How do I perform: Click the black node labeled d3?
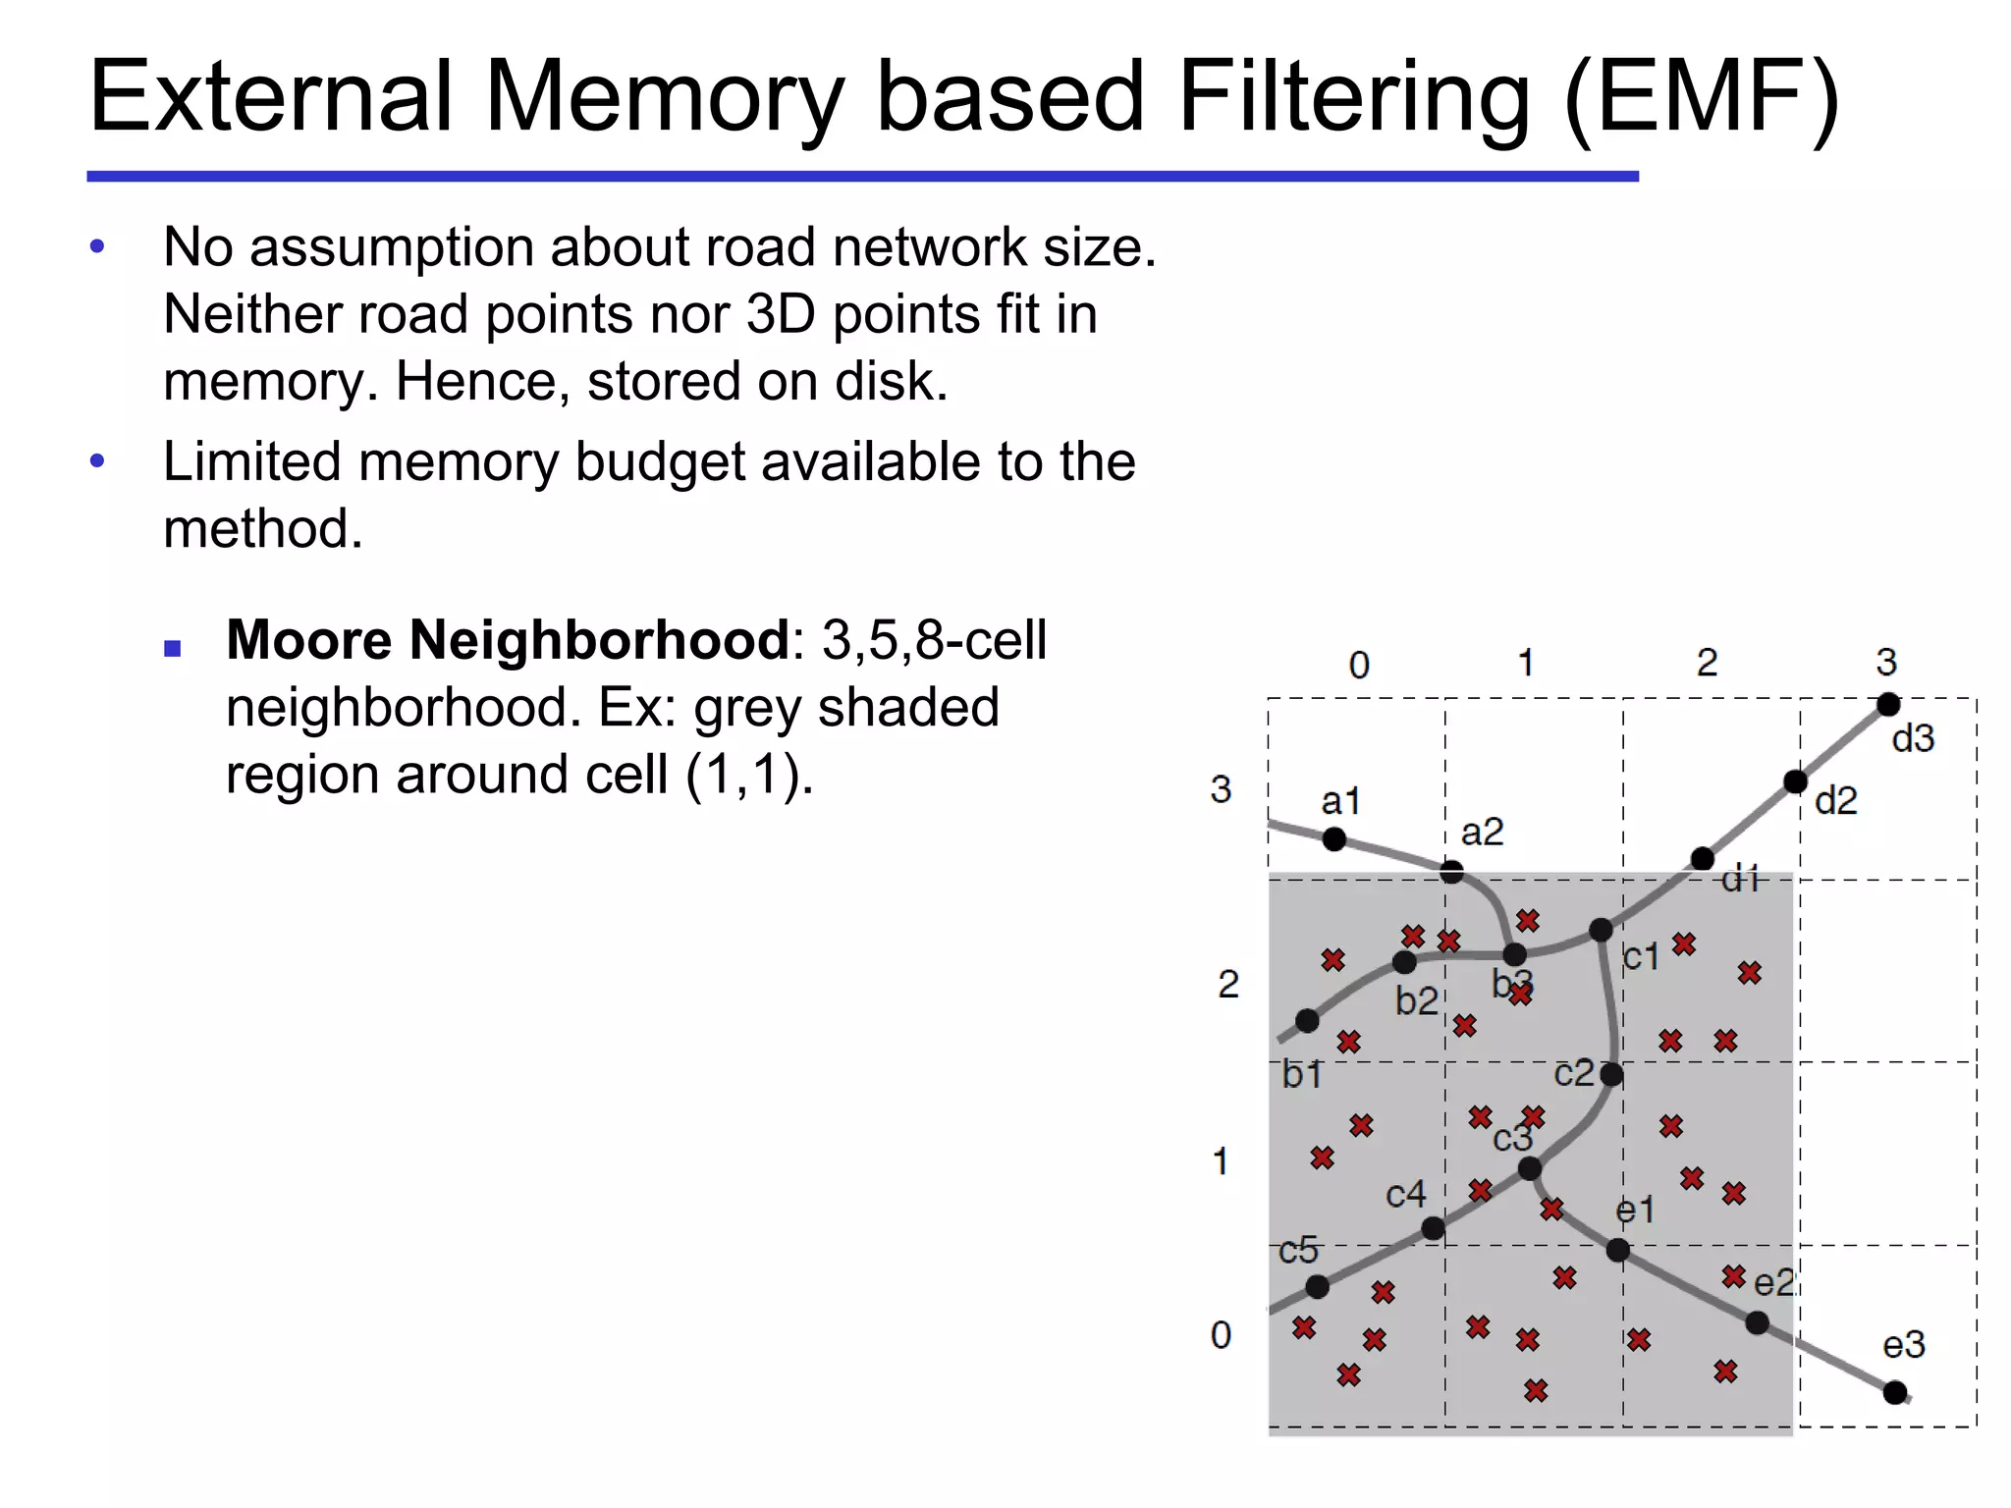(x=1887, y=705)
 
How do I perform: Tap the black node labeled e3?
(x=1895, y=1392)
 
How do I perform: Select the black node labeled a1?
(x=1334, y=839)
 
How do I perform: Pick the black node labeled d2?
(x=1795, y=781)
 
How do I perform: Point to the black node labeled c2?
(x=1611, y=1074)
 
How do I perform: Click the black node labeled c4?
(x=1433, y=1228)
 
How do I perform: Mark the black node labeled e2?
(x=1758, y=1323)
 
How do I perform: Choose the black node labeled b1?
(x=1307, y=1021)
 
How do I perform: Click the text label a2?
(x=1482, y=833)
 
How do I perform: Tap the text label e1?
(x=1635, y=1211)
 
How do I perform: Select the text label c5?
(x=1298, y=1251)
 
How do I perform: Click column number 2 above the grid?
(x=1707, y=663)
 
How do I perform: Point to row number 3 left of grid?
(x=1221, y=789)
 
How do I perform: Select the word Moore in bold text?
(x=308, y=640)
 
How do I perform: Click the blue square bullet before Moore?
(x=173, y=648)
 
